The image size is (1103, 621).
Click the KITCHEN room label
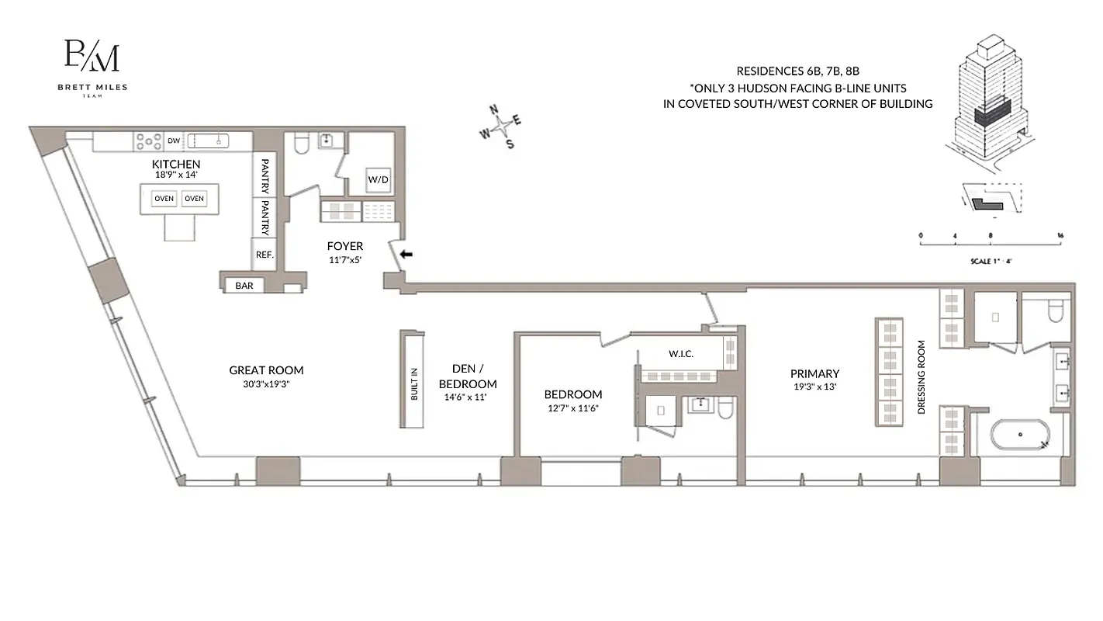[176, 165]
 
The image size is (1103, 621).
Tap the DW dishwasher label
[174, 141]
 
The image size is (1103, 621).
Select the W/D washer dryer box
[379, 179]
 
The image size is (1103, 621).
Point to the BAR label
[244, 286]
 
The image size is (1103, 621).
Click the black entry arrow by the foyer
[406, 254]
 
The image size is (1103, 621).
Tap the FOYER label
[345, 247]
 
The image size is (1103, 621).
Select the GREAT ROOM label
[266, 370]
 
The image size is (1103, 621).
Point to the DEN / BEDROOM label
[468, 376]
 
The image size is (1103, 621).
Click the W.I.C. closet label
[680, 354]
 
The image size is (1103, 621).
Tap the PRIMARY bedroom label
[814, 373]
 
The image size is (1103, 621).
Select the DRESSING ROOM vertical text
[921, 376]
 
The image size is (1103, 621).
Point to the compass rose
[502, 125]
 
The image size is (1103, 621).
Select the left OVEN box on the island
[164, 199]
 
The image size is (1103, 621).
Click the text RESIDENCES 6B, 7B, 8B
[797, 71]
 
